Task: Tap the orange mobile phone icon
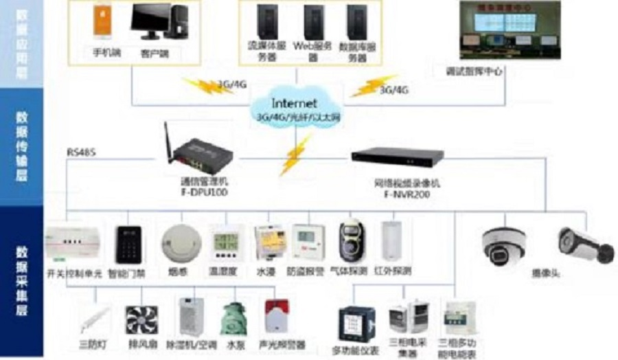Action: point(101,23)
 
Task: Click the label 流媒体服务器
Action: point(262,52)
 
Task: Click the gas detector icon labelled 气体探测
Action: point(352,241)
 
